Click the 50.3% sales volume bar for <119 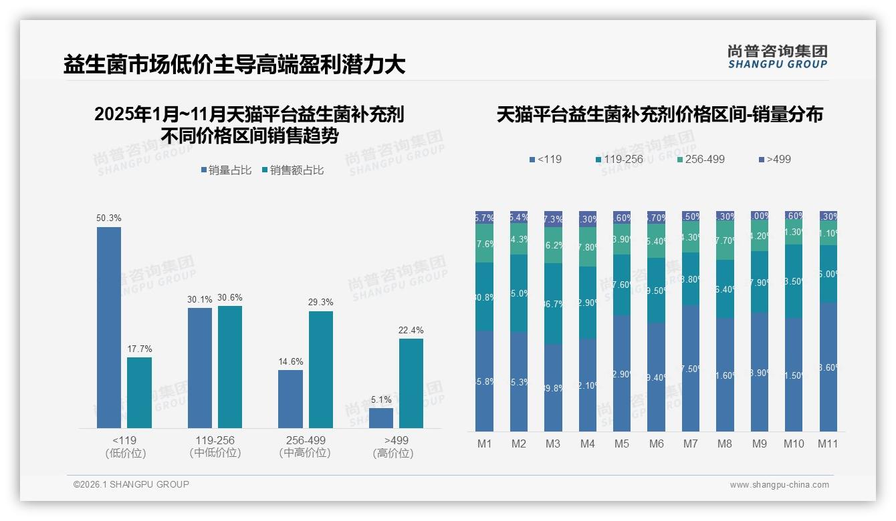109,327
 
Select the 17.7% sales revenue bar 139,393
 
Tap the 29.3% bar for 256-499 321,369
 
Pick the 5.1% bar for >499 381,417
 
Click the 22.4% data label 411,330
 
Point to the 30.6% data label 230,297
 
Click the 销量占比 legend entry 225,170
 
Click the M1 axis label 485,444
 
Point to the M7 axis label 691,444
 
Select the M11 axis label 828,444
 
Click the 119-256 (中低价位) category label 215,446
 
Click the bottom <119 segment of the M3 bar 553,387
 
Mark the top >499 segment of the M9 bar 760,216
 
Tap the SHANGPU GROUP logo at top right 777,57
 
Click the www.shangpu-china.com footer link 779,485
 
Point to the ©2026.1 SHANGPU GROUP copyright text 131,484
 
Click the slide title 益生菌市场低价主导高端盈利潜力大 234,65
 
